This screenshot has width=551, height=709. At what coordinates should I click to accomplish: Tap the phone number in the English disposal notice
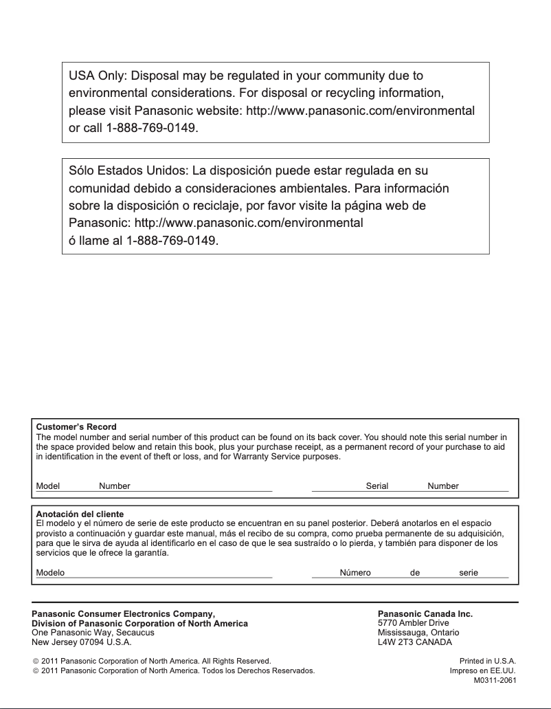152,129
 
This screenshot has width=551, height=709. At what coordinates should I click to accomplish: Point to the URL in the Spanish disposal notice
249,223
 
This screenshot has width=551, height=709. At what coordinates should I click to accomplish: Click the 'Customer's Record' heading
76,427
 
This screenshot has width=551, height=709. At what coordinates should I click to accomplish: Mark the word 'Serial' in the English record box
377,486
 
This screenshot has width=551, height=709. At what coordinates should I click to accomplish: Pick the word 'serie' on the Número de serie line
469,573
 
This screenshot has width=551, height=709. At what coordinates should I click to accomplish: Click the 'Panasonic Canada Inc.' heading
425,613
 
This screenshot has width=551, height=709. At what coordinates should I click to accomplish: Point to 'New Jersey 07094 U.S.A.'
82,642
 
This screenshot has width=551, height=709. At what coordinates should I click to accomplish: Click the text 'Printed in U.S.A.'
488,660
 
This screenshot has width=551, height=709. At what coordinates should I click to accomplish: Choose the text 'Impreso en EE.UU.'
482,670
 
